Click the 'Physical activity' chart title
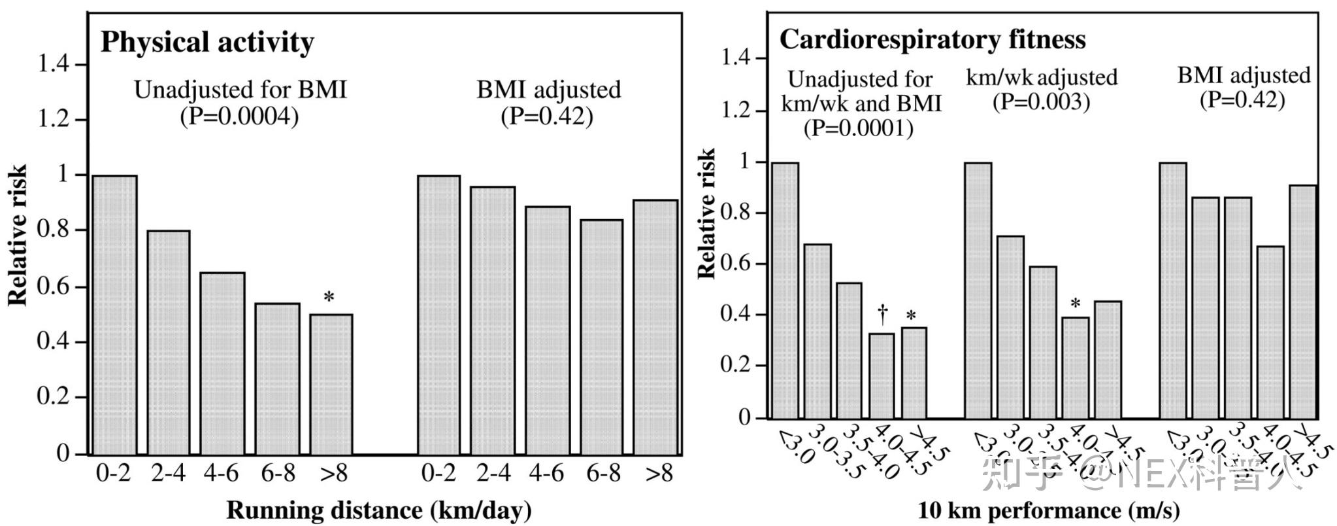click(207, 42)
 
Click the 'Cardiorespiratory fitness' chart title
click(933, 39)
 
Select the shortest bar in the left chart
click(331, 384)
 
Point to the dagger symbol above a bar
click(883, 314)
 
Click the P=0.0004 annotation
click(239, 116)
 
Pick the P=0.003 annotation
click(1041, 102)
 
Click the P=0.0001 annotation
click(858, 128)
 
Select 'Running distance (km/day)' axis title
click(379, 510)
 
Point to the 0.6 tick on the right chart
click(736, 264)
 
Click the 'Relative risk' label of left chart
click(18, 236)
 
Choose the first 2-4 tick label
click(168, 472)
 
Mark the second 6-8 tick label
click(602, 472)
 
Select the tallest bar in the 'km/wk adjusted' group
click(978, 290)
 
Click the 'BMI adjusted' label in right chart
click(1244, 75)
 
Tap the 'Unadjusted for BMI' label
click(240, 90)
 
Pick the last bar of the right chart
click(1302, 302)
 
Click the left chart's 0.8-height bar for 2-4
click(169, 342)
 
